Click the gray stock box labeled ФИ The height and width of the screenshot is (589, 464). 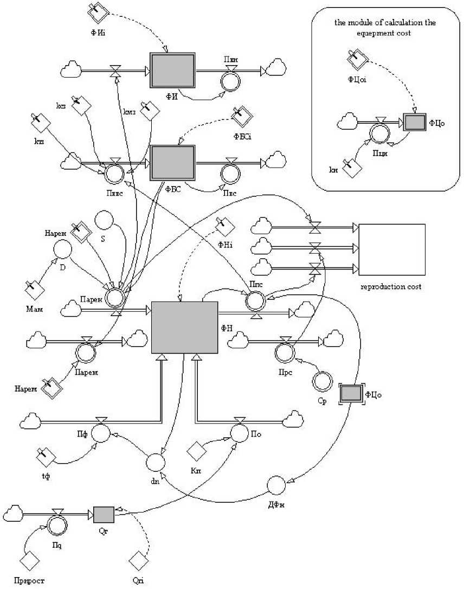172,71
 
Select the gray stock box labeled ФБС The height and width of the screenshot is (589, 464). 172,161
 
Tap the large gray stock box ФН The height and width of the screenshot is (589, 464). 184,327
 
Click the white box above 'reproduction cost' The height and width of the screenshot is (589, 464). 392,249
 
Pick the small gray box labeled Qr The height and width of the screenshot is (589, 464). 104,513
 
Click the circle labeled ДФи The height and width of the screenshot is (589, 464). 277,484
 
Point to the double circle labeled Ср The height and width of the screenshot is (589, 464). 321,381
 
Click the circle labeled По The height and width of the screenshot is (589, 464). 240,432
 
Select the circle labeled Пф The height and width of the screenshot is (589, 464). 100,433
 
